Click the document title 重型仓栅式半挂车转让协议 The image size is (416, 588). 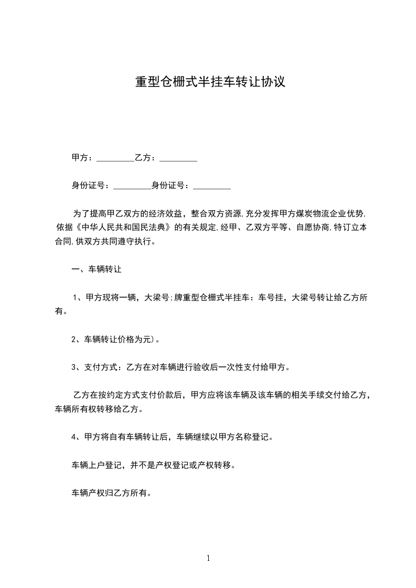[x=210, y=82]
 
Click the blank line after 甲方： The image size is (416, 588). [x=115, y=158]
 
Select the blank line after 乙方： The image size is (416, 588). [x=178, y=158]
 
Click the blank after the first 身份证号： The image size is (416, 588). [x=132, y=186]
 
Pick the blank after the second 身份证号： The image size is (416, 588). [x=212, y=186]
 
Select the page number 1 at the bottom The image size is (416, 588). [x=208, y=558]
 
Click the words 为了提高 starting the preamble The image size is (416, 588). [x=90, y=214]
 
